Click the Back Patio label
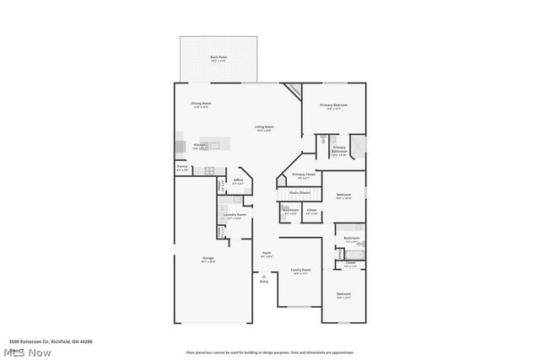click(219, 58)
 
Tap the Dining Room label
click(201, 105)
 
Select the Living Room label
click(265, 128)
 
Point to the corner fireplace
click(293, 89)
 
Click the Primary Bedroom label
click(334, 106)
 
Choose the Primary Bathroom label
click(338, 149)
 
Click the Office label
click(238, 181)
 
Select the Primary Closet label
click(301, 176)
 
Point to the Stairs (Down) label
click(300, 192)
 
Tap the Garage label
click(208, 260)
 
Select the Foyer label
click(267, 254)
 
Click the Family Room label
click(300, 271)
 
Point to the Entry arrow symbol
click(265, 276)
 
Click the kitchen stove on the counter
click(210, 171)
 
